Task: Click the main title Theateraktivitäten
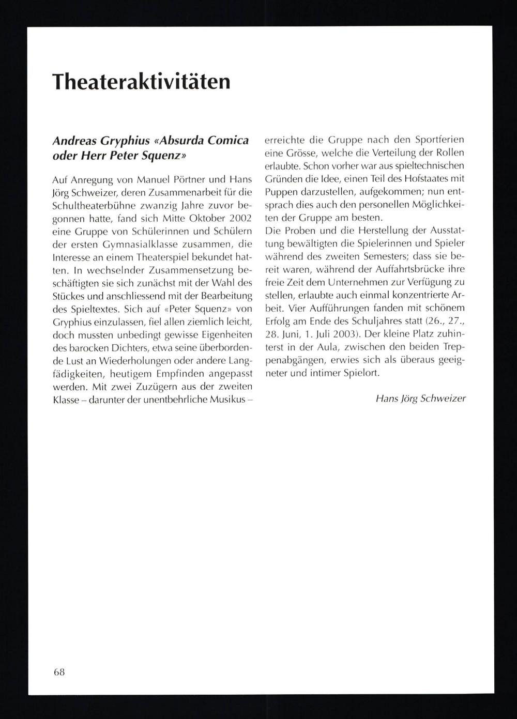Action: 141,81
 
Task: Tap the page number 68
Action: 58,672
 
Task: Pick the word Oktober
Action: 198,219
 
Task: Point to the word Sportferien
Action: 437,140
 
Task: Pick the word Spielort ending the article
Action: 361,373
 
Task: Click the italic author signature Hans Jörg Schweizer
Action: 421,399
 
